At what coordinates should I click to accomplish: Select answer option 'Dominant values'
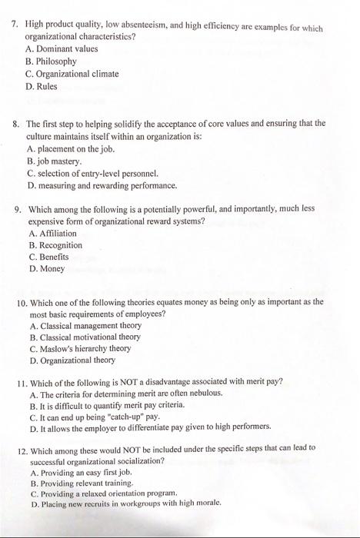pyautogui.click(x=67, y=48)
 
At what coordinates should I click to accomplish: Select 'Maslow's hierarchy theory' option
pyautogui.click(x=91, y=348)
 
